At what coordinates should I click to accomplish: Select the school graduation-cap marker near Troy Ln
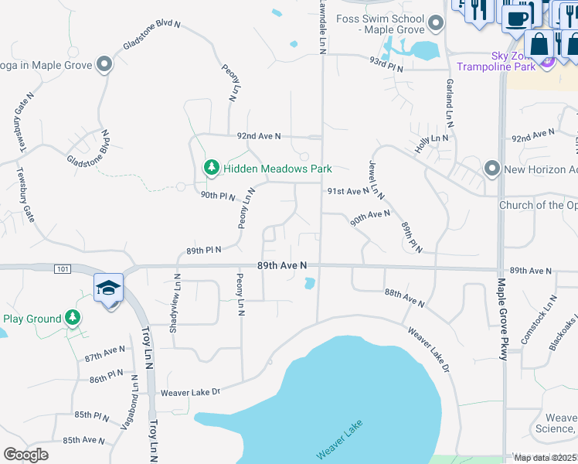click(109, 288)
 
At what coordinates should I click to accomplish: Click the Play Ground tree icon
click(72, 318)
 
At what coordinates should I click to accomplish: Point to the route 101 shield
click(63, 268)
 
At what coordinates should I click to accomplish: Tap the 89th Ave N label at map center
click(282, 265)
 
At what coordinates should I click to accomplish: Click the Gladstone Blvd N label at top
click(151, 36)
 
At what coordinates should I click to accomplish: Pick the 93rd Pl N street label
click(386, 60)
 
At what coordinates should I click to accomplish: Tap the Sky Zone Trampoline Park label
click(506, 61)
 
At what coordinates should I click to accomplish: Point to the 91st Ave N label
click(348, 191)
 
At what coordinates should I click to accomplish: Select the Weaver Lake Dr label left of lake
click(190, 392)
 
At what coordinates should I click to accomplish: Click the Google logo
click(25, 454)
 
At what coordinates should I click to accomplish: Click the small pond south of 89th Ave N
click(310, 284)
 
